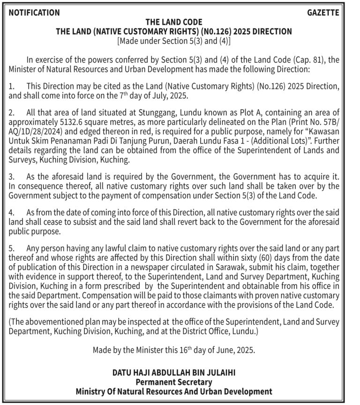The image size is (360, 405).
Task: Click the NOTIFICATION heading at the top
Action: pyautogui.click(x=34, y=13)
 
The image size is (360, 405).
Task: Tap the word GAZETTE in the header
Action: pyautogui.click(x=323, y=13)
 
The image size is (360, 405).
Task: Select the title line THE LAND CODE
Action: pyautogui.click(x=174, y=22)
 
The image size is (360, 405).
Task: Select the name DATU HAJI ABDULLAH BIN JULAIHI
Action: pyautogui.click(x=174, y=373)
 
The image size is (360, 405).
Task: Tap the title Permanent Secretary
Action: pyautogui.click(x=174, y=382)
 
